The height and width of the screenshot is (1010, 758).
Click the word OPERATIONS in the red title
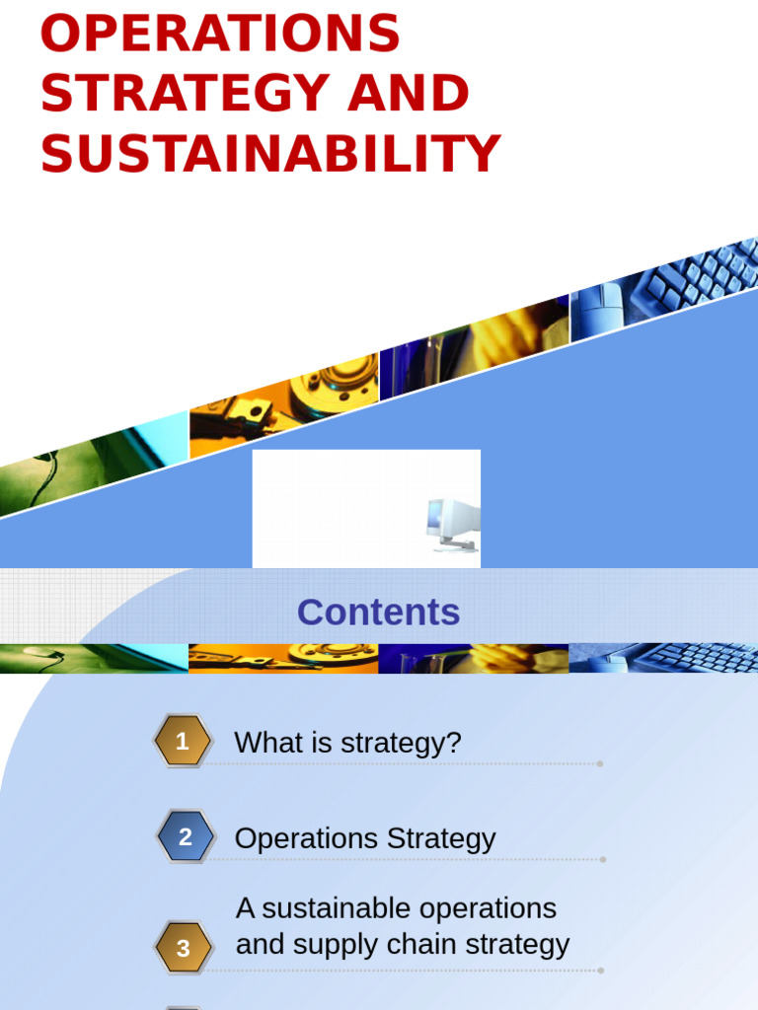(220, 35)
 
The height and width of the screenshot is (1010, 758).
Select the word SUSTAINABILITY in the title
(270, 154)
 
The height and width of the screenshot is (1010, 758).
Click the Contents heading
(378, 613)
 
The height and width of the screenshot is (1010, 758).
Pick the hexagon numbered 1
(183, 742)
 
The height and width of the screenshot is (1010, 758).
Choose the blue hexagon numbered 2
(185, 837)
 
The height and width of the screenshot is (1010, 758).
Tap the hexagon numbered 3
(183, 948)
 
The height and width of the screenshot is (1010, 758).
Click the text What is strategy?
(347, 743)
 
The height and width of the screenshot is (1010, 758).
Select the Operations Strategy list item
(364, 838)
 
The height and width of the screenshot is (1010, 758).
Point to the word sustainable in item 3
(321, 907)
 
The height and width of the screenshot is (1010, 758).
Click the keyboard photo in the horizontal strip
(691, 658)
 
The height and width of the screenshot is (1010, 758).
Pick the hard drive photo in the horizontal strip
(286, 658)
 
